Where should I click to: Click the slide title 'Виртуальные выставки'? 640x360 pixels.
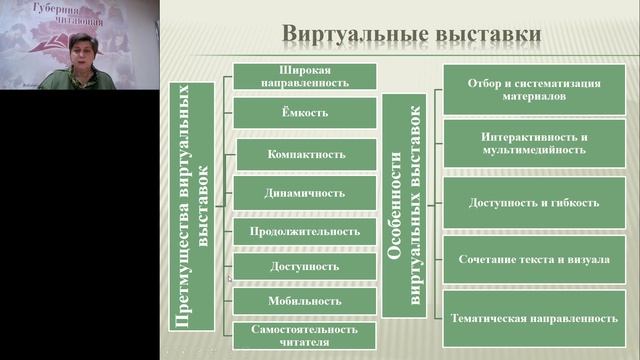(412, 34)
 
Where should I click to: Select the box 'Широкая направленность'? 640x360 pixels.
(305, 77)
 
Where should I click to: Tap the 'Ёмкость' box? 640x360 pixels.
(305, 112)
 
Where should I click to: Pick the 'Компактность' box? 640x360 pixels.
(305, 154)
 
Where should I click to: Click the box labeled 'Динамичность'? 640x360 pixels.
(305, 192)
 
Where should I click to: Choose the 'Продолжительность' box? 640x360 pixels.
(305, 231)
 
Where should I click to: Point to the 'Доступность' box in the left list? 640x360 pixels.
(305, 267)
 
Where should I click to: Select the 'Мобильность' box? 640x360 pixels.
(305, 300)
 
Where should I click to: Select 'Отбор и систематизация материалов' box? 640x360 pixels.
(534, 91)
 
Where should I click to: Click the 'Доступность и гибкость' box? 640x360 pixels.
(534, 202)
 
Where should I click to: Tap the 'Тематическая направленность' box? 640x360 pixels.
(534, 317)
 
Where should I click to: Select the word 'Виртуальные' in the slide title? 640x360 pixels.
(347, 34)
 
